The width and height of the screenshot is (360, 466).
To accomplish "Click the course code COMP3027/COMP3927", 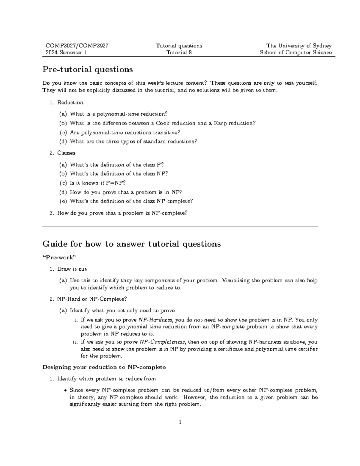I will coord(77,46).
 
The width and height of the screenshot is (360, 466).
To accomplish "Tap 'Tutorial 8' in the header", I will coord(179,53).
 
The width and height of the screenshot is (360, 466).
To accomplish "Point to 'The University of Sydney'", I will coord(299,46).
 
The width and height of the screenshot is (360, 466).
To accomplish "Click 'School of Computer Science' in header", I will coord(295,53).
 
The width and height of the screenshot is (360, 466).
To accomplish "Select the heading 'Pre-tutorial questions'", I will coord(88,70).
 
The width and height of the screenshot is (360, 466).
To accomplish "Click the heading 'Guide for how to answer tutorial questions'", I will coord(131,244).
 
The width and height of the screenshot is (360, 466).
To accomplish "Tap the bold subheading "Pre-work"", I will coord(59,257).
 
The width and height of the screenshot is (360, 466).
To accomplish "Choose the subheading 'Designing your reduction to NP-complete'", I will coord(104,367).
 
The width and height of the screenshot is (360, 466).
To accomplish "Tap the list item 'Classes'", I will coord(66,153).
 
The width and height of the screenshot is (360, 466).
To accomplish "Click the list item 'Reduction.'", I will coord(71,103).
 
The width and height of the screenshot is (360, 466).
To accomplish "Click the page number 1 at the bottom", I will coord(180,422).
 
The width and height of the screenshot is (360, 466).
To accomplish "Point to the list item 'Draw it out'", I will coord(72,269).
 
